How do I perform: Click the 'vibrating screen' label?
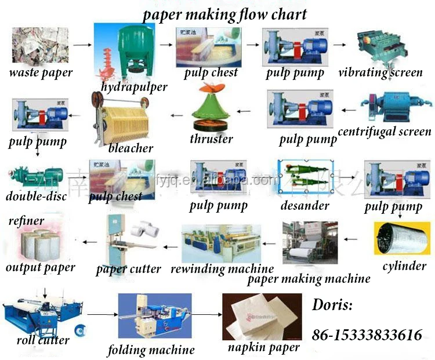pyautogui.click(x=380, y=73)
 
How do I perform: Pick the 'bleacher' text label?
pyautogui.click(x=131, y=148)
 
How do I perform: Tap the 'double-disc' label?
pyautogui.click(x=37, y=196)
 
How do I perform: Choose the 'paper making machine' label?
pyautogui.click(x=309, y=279)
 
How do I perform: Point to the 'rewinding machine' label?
pyautogui.click(x=222, y=269)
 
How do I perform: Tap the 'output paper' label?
pyautogui.click(x=41, y=267)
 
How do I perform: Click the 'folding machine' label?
pyautogui.click(x=151, y=350)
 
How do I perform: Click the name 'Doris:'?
pyautogui.click(x=332, y=305)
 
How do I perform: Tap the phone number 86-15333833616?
pyautogui.click(x=367, y=335)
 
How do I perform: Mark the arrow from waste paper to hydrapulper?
pyautogui.click(x=83, y=44)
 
